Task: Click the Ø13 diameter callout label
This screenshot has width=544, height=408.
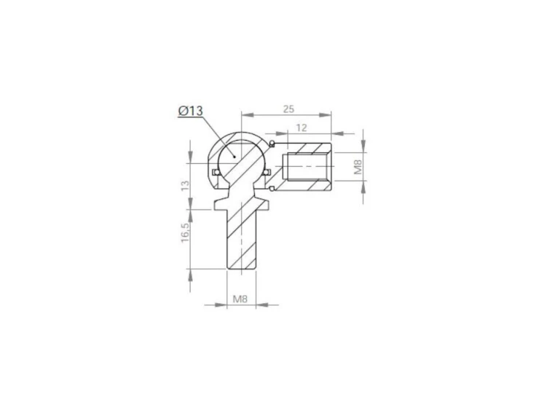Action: [x=191, y=111]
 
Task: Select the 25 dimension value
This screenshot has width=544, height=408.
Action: [x=288, y=109]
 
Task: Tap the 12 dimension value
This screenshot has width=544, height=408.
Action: [x=301, y=127]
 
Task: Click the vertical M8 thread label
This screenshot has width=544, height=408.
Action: [x=358, y=167]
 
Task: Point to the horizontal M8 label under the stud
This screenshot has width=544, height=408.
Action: [x=240, y=299]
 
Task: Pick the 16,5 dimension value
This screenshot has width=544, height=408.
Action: [x=185, y=232]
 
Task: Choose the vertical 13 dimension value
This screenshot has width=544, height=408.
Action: [x=186, y=185]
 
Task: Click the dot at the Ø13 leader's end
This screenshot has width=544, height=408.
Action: [x=235, y=157]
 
